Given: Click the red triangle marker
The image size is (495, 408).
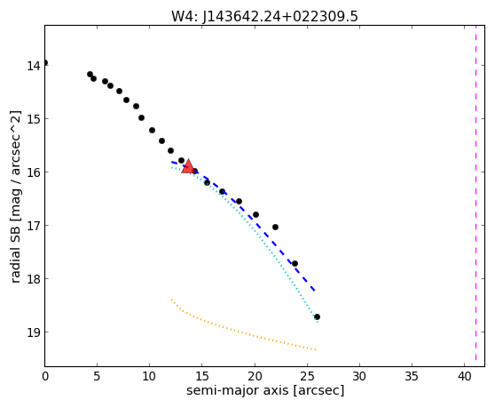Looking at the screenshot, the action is point(188,167).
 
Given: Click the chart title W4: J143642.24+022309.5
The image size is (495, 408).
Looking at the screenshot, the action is point(264,16).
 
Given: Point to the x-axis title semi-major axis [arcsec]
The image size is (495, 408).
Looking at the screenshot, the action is point(265,390).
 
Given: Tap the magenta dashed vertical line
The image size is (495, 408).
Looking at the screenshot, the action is point(475,196).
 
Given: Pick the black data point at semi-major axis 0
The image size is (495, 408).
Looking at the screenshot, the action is point(45,62).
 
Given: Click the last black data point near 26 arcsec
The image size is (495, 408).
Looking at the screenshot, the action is point(317,317).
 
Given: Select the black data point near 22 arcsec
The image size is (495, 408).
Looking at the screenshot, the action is point(275,227).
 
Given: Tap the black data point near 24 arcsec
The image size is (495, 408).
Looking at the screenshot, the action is point(295,263).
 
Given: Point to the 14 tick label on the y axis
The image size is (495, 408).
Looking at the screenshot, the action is point(33,66).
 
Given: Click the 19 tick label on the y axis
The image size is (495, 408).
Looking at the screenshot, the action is point(33,332).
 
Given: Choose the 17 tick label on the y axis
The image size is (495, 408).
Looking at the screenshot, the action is point(33,226).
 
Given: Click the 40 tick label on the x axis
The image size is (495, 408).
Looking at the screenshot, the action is point(464,376).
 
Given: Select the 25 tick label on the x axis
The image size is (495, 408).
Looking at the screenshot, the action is point(307,376).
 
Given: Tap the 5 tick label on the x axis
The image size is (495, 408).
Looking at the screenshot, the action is point(97,376).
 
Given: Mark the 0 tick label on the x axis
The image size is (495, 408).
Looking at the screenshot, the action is point(45,376).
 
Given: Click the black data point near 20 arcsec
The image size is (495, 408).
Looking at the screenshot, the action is point(255,215).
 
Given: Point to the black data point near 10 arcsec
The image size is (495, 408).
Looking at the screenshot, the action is point(152,131).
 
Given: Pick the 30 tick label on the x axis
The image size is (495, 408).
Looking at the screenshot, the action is point(359,376).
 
